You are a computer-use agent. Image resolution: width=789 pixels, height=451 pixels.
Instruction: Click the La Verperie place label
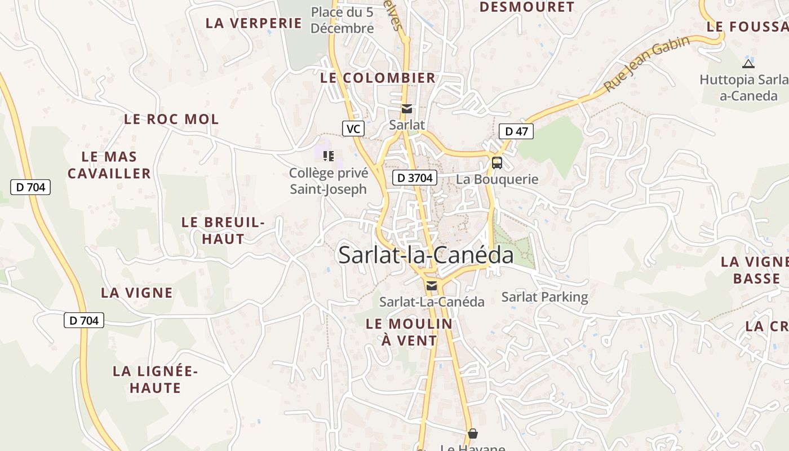point(254,23)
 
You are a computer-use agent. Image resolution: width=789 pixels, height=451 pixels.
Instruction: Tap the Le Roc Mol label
point(171,120)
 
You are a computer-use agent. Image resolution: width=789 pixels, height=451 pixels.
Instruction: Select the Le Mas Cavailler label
point(109,165)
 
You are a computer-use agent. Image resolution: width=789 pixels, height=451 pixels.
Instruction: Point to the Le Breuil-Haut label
point(223,231)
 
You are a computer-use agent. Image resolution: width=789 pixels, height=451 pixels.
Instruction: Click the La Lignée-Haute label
point(155,379)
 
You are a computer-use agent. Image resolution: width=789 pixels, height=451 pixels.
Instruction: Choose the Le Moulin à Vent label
point(409,332)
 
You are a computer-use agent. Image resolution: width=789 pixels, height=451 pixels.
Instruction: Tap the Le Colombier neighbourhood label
point(378,78)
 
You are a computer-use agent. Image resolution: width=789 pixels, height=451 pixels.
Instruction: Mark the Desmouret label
point(527,7)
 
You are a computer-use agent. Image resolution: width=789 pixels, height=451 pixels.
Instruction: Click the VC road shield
point(353,129)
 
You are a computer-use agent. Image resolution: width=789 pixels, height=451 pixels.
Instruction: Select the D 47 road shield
point(516,132)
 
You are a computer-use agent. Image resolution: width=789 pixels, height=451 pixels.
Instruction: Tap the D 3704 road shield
point(415,178)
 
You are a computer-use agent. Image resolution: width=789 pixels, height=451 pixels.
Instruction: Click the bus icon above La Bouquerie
point(497,163)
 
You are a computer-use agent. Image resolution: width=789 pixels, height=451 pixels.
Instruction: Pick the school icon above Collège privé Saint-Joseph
point(328,156)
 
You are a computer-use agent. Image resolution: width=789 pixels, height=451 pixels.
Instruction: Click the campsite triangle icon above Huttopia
point(748,64)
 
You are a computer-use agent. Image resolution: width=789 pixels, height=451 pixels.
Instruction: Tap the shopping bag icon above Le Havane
point(472,434)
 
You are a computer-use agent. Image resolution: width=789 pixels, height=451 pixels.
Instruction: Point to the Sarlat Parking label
point(544,297)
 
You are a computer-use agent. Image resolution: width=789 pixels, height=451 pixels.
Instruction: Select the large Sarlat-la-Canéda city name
point(426,255)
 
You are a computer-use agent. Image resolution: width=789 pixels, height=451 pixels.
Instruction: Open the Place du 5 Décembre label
point(342,20)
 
